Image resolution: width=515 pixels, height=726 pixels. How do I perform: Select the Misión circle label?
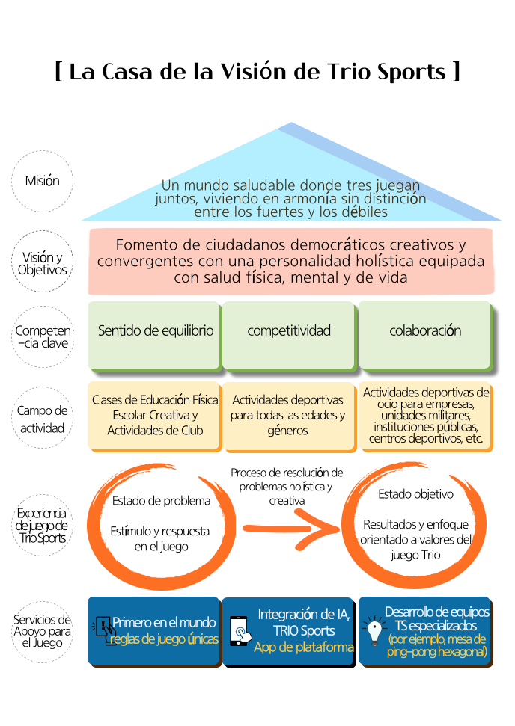click(x=43, y=181)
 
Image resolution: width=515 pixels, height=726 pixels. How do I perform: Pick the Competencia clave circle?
click(x=43, y=336)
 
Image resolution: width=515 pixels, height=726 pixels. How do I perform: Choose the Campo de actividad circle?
click(x=43, y=419)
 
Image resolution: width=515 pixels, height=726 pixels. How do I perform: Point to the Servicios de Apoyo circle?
click(x=43, y=630)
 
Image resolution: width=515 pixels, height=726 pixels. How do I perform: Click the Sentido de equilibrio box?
click(x=155, y=332)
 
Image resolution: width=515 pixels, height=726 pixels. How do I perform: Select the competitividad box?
click(x=289, y=332)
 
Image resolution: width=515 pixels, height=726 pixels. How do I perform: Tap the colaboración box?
click(x=424, y=332)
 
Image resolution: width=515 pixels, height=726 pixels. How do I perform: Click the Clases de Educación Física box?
click(x=155, y=416)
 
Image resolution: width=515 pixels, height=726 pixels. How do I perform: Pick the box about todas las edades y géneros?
click(x=289, y=416)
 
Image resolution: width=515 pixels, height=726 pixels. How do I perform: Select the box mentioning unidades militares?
click(x=425, y=416)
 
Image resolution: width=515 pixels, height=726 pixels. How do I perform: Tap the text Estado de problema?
click(x=161, y=501)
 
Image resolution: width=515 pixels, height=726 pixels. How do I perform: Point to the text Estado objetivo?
click(x=415, y=494)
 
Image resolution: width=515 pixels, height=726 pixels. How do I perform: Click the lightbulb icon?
click(x=372, y=633)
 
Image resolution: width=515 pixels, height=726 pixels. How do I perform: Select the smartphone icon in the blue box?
click(x=239, y=631)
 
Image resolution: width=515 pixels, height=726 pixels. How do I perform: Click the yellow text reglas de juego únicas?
click(x=163, y=639)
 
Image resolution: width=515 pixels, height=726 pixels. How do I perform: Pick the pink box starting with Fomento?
click(x=290, y=262)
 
